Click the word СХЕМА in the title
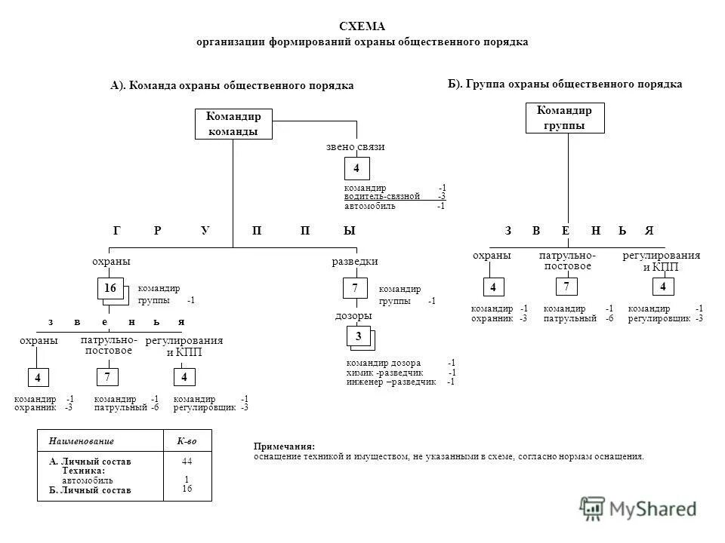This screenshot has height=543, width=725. pyautogui.click(x=362, y=26)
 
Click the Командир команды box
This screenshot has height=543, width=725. pyautogui.click(x=233, y=124)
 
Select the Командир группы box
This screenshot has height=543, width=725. pyautogui.click(x=564, y=118)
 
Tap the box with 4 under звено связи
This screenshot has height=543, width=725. pyautogui.click(x=356, y=169)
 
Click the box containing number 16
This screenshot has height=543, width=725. pyautogui.click(x=110, y=288)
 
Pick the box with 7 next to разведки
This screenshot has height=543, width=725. pyautogui.click(x=355, y=288)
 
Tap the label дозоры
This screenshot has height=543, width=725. pyautogui.click(x=353, y=315)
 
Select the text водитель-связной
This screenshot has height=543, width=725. pyautogui.click(x=381, y=196)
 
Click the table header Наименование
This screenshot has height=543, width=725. pyautogui.click(x=81, y=440)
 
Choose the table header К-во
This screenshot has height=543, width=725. pyautogui.click(x=187, y=440)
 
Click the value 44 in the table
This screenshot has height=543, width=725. pyautogui.click(x=187, y=461)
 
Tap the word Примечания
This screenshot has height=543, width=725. pyautogui.click(x=284, y=446)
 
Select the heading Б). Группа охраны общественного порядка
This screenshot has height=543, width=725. pyautogui.click(x=565, y=84)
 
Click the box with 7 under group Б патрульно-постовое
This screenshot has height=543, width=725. pyautogui.click(x=565, y=287)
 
